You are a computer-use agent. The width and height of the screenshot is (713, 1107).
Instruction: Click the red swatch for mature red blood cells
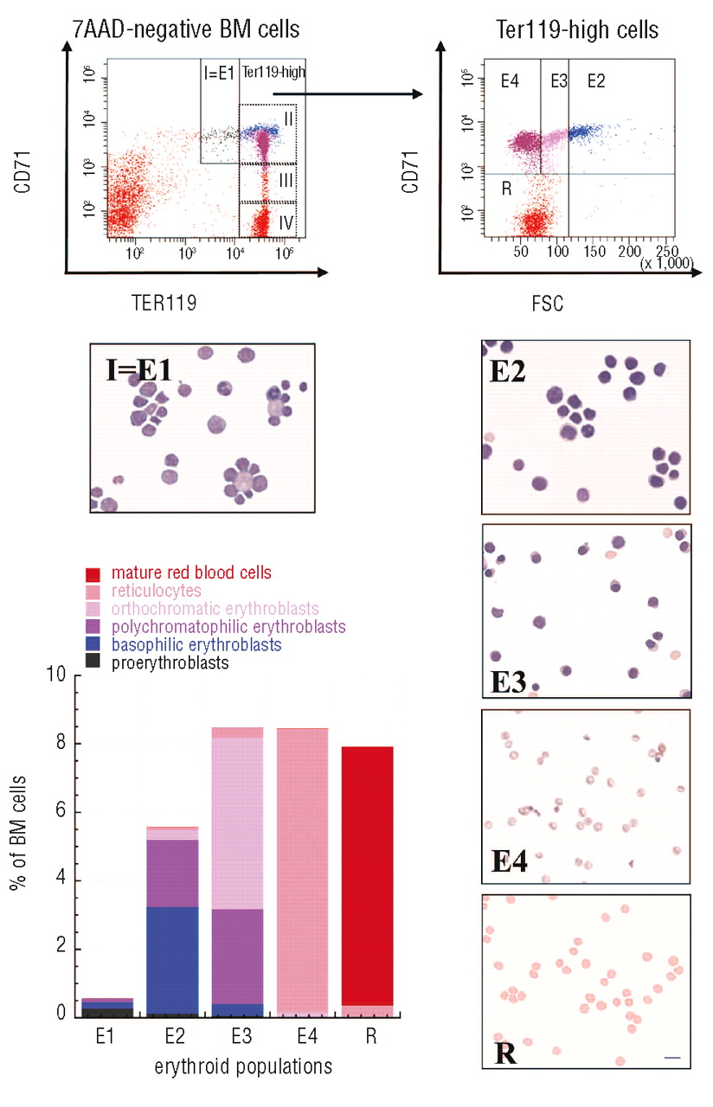pos(93,573)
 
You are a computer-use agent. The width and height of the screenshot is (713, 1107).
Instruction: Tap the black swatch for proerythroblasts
pos(93,662)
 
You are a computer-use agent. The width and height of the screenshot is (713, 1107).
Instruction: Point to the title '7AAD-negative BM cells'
pos(185,30)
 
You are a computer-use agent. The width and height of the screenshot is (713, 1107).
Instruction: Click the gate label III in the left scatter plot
pos(286,182)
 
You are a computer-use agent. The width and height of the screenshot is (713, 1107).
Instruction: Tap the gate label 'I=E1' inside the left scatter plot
pos(220,73)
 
